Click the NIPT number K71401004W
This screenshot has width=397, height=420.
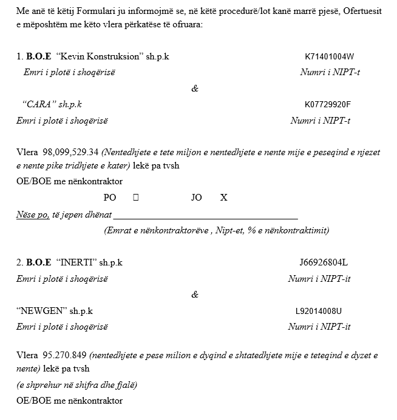tap(329, 57)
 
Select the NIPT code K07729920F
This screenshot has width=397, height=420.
tap(328, 104)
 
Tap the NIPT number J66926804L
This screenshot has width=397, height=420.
tap(324, 263)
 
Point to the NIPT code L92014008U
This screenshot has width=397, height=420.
tap(319, 311)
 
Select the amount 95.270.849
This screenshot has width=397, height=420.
tap(65, 355)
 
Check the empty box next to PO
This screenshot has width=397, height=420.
tap(135, 198)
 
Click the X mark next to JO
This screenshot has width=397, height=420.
tap(223, 198)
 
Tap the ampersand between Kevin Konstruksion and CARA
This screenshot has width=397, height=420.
tap(194, 88)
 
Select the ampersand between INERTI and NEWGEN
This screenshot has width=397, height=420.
tap(194, 295)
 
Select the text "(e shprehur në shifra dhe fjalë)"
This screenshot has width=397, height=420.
tap(76, 385)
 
